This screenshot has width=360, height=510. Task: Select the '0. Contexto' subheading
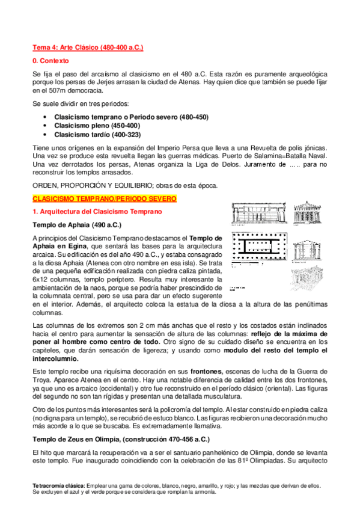pyautogui.click(x=51, y=61)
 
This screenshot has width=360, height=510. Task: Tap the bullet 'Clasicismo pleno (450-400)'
pyautogui.click(x=97, y=125)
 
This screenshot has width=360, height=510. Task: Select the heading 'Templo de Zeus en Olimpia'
pyautogui.click(x=82, y=438)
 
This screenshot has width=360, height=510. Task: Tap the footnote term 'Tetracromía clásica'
pyautogui.click(x=58, y=485)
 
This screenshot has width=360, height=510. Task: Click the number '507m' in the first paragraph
pyautogui.click(x=58, y=91)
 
